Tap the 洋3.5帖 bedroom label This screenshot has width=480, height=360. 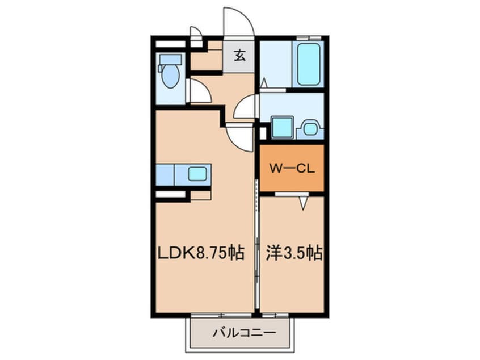[294, 253]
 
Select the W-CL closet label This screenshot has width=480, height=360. [292, 168]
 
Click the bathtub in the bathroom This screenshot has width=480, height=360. [309, 64]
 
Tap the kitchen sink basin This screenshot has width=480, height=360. [197, 174]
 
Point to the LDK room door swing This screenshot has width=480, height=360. [241, 137]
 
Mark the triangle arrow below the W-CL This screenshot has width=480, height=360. [303, 203]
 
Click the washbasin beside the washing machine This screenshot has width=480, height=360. [309, 128]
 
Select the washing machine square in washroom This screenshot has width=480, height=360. [282, 127]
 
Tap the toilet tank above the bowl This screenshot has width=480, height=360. [170, 59]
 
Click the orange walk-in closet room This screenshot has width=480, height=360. [292, 168]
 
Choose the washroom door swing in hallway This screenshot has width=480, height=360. [246, 107]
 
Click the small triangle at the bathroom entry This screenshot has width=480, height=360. [264, 83]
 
